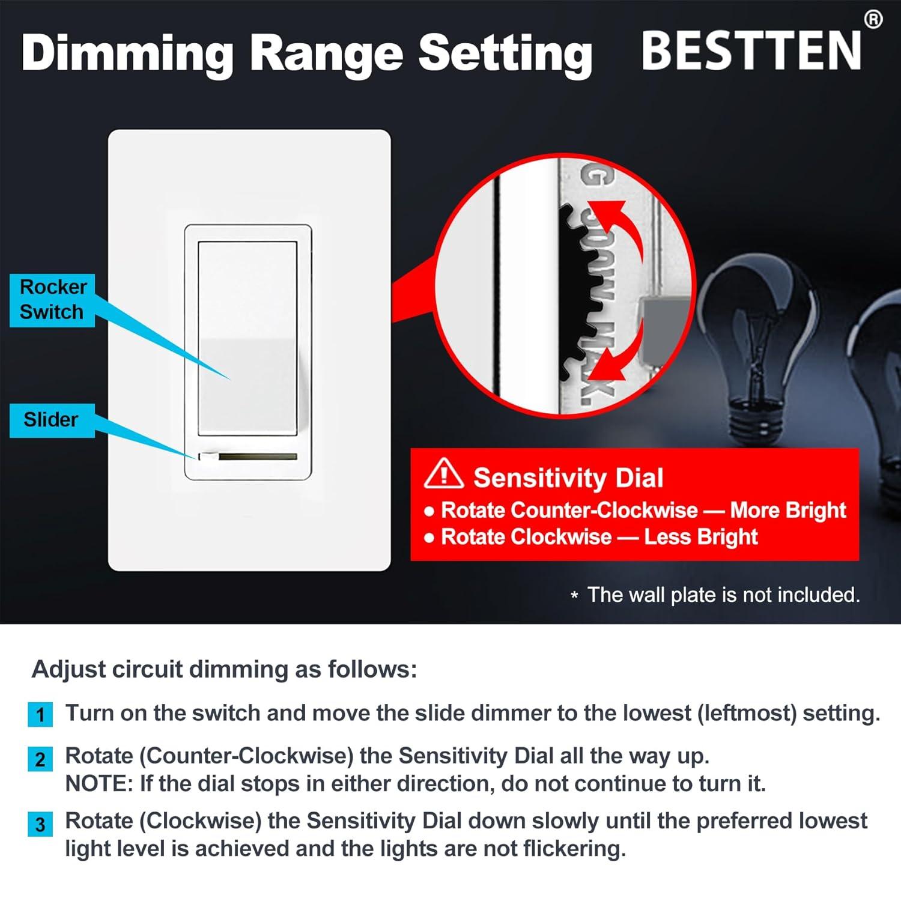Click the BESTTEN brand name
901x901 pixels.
pyautogui.click(x=751, y=51)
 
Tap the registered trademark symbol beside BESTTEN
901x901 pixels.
pyautogui.click(x=873, y=20)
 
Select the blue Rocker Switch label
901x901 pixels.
pyautogui.click(x=52, y=300)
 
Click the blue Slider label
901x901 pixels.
pyautogui.click(x=52, y=419)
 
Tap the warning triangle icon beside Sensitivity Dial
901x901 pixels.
pyautogui.click(x=443, y=473)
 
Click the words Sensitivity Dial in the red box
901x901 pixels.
pyautogui.click(x=568, y=478)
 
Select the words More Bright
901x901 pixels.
pyautogui.click(x=787, y=511)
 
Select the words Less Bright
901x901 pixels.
pyautogui.click(x=700, y=537)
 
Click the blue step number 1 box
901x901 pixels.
pyautogui.click(x=40, y=715)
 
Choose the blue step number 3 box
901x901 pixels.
pyautogui.click(x=40, y=824)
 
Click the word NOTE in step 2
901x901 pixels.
pyautogui.click(x=99, y=784)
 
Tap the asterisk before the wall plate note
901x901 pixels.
pyautogui.click(x=575, y=596)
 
